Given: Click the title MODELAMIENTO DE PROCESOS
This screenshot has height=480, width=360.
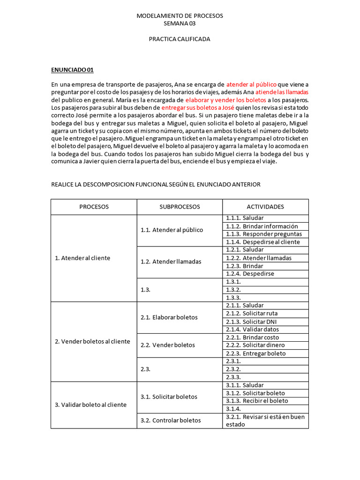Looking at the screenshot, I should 180,15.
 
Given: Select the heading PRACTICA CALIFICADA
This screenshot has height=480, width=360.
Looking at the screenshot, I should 180,39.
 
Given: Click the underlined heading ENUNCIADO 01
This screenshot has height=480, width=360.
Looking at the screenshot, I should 72,70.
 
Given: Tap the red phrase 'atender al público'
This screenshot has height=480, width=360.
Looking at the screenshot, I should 251,84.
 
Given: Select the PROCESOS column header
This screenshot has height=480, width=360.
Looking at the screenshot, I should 94,207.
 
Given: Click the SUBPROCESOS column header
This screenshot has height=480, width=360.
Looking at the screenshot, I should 180,207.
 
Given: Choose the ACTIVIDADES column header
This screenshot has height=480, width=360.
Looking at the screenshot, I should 265,207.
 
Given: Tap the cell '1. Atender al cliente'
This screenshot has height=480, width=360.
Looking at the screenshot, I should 82,258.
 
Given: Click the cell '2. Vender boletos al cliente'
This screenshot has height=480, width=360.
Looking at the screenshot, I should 92,341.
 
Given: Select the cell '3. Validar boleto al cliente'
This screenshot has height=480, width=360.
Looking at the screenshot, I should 90,405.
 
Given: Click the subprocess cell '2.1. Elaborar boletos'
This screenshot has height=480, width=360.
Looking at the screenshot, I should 169,317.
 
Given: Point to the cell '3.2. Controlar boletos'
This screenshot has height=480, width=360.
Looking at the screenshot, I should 170,420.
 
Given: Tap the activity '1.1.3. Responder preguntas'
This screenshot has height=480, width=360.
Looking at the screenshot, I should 263,234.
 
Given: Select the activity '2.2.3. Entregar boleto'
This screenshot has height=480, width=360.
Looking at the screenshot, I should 255,353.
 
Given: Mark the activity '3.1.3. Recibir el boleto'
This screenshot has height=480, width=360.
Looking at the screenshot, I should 257,401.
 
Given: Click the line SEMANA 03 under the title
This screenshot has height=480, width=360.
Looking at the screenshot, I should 180,23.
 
